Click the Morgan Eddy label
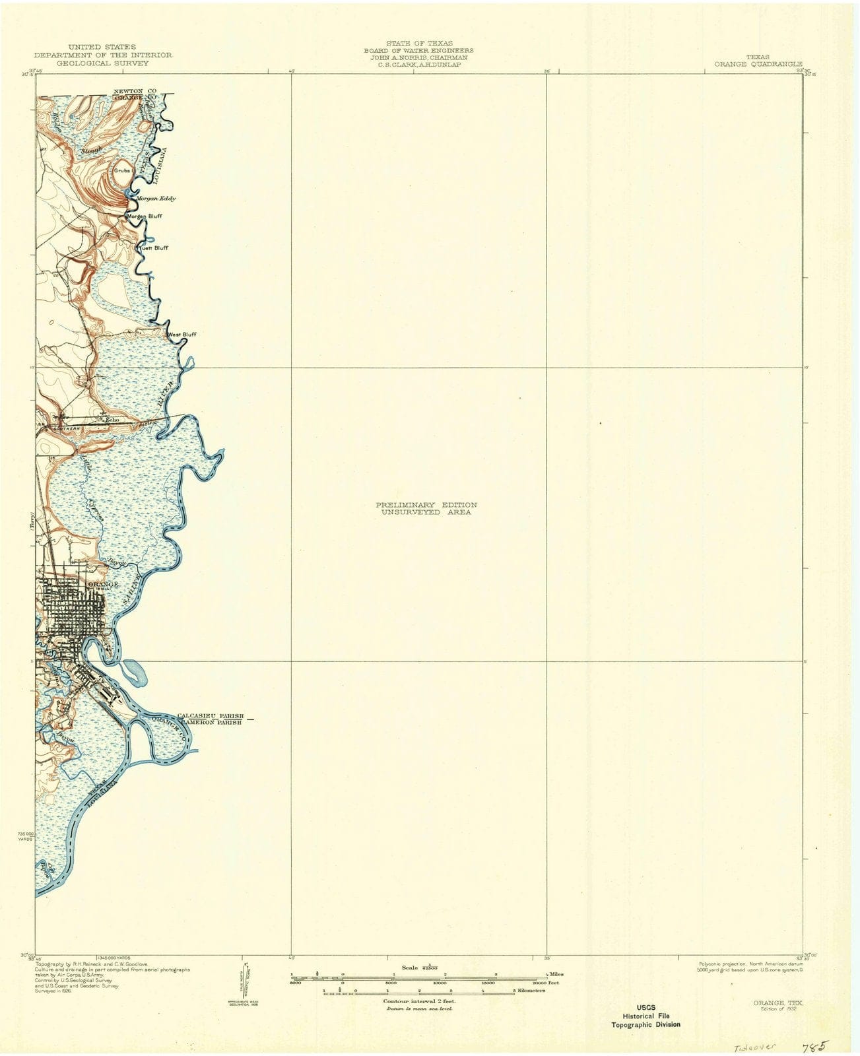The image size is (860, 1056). coord(156,198)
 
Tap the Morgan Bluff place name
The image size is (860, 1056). coord(145,216)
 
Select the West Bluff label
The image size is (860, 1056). coord(182,335)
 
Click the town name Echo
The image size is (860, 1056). coord(112,419)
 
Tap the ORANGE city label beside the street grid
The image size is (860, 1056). coord(103,584)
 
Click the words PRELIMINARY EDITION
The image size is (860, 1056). coord(426,505)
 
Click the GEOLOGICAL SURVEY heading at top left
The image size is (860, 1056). coord(102,63)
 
